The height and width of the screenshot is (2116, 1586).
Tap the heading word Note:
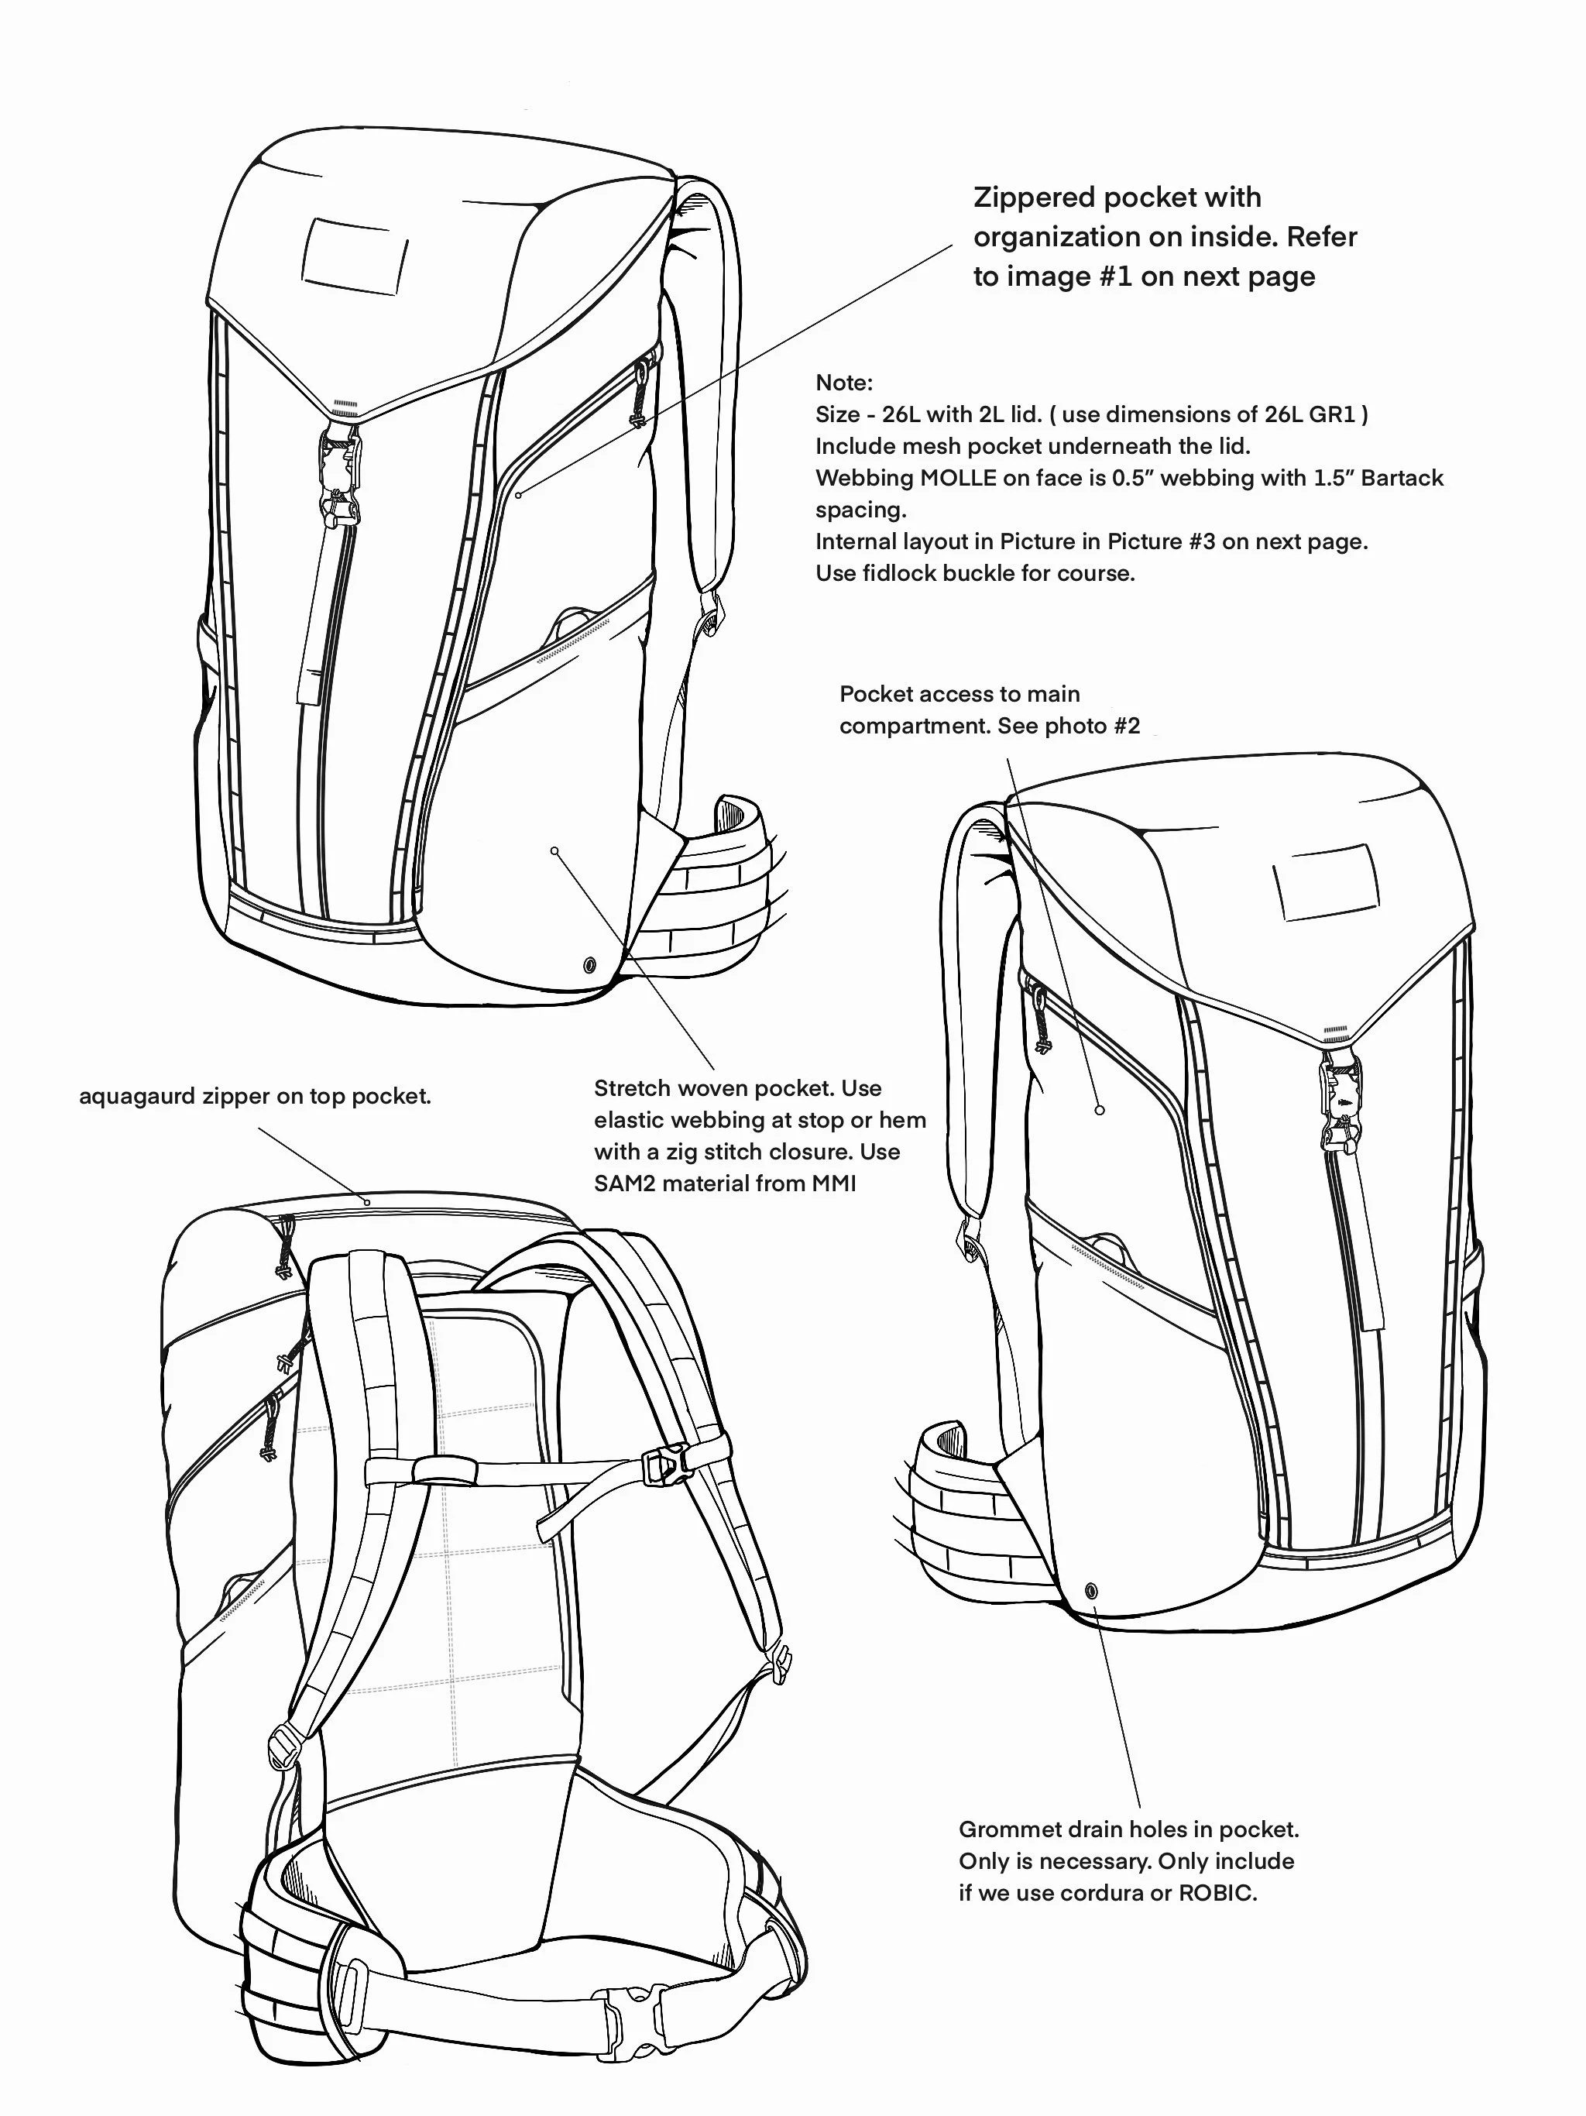843,383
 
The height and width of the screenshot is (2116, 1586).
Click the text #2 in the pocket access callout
1127,726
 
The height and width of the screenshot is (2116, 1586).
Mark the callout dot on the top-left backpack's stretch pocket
554,850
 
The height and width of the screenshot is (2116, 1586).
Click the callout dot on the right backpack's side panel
1100,1111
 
